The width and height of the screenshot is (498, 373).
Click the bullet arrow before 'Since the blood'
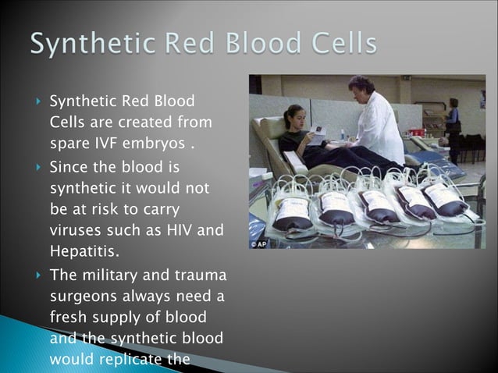37,167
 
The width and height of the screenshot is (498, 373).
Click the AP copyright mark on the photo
258,243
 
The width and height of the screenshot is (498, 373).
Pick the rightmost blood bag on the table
445,199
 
